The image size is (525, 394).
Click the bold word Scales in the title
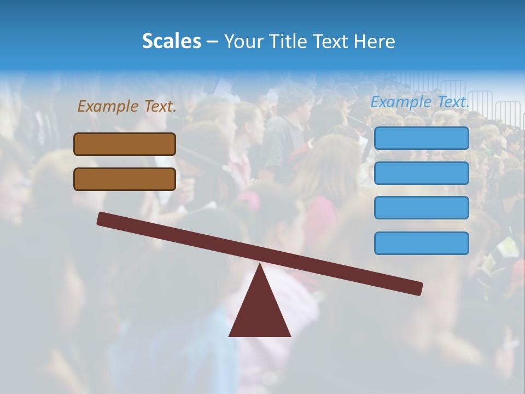(171, 41)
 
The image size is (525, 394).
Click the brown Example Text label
(127, 107)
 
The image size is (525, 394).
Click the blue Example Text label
(420, 102)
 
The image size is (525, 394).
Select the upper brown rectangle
(125, 144)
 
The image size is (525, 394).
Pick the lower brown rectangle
(125, 179)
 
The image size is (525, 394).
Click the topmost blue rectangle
(421, 138)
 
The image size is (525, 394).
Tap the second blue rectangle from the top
(421, 173)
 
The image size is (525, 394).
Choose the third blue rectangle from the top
(421, 208)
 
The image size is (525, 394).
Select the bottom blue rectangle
(421, 243)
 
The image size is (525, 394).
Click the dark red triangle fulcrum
(260, 312)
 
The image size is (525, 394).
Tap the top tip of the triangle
(260, 265)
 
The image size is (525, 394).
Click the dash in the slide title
(212, 42)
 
